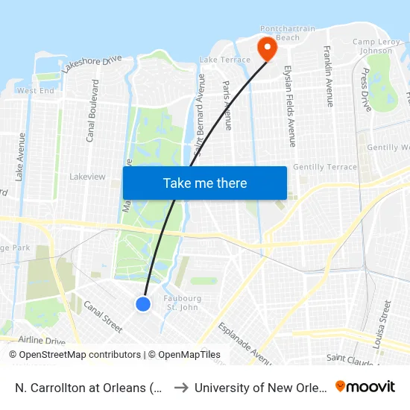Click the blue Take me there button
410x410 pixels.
pos(205,183)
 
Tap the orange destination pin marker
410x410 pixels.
pos(266,49)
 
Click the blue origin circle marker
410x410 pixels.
pos(143,303)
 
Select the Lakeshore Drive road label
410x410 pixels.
pos(92,64)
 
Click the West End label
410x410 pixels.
pos(36,90)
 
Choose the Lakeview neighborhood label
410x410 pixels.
pos(87,177)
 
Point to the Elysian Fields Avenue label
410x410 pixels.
pos(288,106)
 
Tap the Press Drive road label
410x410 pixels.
pos(365,89)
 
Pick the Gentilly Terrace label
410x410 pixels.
pos(325,166)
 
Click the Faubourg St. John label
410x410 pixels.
pos(181,302)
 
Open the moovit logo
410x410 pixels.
pos(365,387)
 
